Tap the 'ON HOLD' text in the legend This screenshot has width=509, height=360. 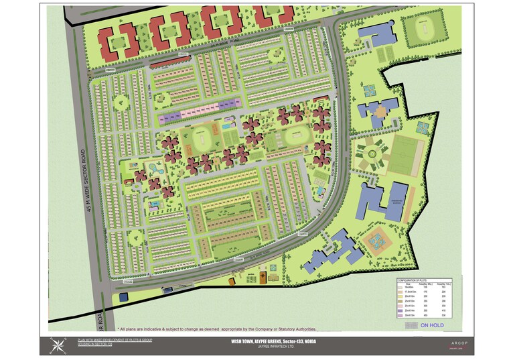click(x=432, y=326)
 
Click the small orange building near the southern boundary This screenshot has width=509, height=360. click(x=265, y=276)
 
